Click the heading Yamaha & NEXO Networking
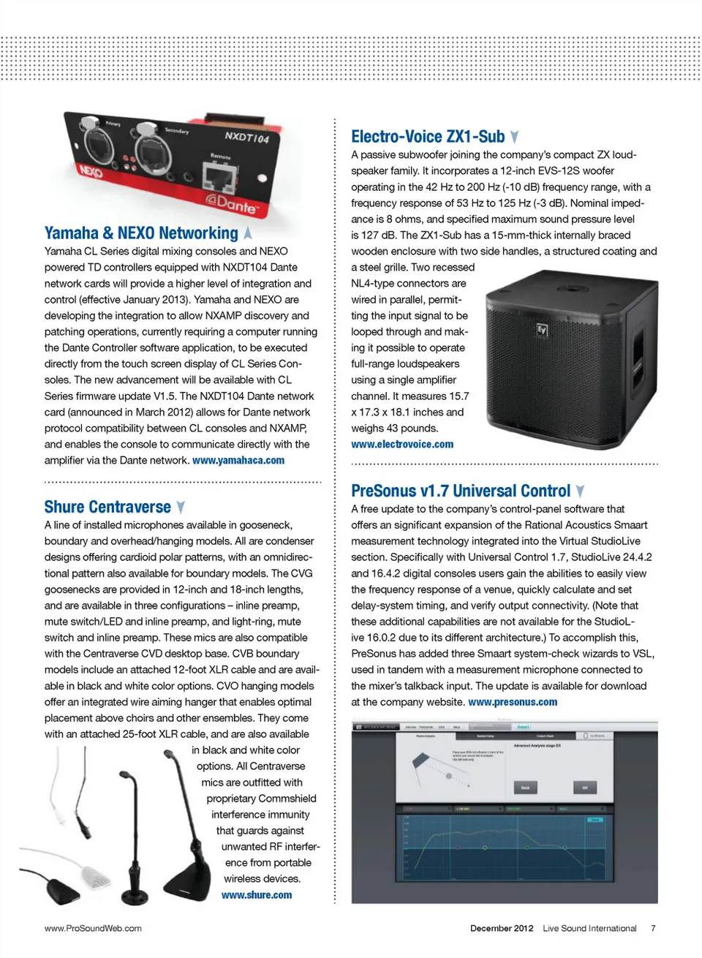point(141,233)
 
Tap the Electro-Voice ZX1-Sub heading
point(428,137)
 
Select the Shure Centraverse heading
point(107,507)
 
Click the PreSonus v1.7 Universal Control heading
point(461,491)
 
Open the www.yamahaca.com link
point(238,461)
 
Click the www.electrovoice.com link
point(402,445)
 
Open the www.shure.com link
point(257,895)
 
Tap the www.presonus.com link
point(513,702)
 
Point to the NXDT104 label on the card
point(246,137)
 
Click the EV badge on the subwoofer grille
point(542,331)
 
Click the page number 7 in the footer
point(653,929)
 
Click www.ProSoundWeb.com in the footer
point(93,929)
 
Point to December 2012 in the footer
point(502,929)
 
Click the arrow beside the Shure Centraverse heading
point(181,508)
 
